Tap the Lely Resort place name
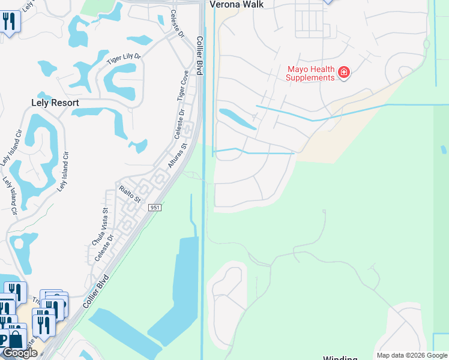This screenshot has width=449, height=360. click(x=55, y=103)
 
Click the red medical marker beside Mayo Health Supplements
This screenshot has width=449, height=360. click(x=344, y=73)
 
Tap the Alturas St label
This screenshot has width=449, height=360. click(x=178, y=155)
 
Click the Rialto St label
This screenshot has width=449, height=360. click(x=129, y=194)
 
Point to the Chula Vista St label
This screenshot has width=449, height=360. click(x=99, y=226)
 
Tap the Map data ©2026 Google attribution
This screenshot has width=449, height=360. click(x=412, y=355)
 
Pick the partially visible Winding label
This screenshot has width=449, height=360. click(x=340, y=358)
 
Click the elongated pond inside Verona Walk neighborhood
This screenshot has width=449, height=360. click(x=238, y=119)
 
